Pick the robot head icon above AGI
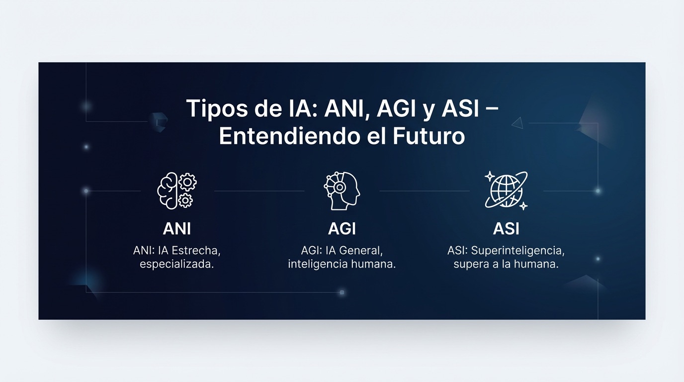(342, 191)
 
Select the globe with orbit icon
(506, 191)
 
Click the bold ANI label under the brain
(176, 228)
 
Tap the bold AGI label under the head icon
(342, 228)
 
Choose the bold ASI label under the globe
(506, 228)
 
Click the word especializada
(177, 264)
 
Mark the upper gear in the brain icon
(187, 183)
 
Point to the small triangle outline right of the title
(518, 123)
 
